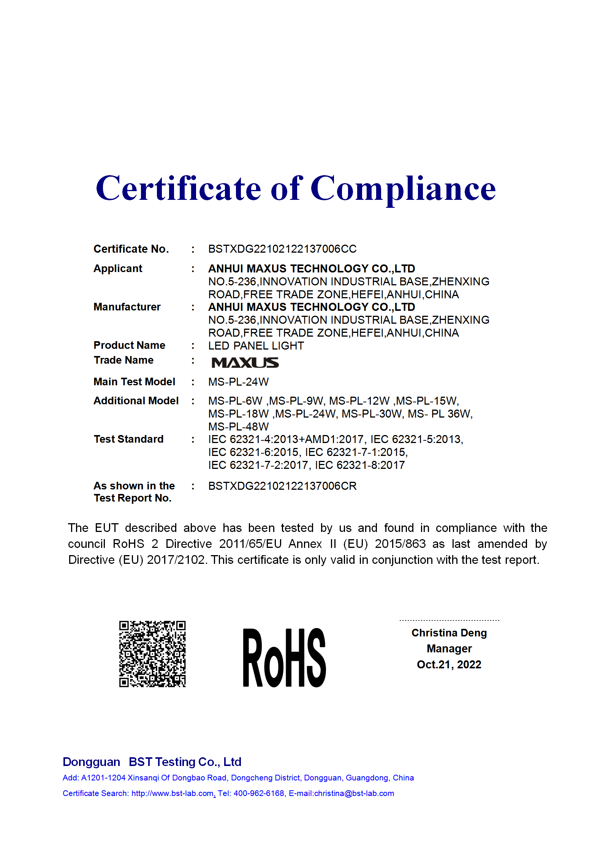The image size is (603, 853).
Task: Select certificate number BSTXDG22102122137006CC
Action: (x=282, y=249)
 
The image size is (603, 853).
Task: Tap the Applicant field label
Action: (x=118, y=269)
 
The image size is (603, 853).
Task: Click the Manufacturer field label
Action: (x=127, y=307)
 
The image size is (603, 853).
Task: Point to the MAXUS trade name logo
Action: (x=245, y=363)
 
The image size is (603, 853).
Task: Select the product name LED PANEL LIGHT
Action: (x=256, y=346)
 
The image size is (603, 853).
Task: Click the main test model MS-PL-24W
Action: (x=238, y=382)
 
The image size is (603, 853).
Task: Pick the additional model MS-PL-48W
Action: (x=238, y=427)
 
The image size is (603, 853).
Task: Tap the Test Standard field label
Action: (x=128, y=439)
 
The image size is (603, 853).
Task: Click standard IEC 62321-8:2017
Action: (x=360, y=465)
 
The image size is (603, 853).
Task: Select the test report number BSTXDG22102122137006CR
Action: (x=282, y=486)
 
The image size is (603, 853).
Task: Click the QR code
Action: (x=152, y=654)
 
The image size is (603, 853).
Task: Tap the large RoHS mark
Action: (x=284, y=658)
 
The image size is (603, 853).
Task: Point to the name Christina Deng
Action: (x=449, y=633)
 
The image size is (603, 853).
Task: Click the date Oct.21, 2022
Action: (x=449, y=665)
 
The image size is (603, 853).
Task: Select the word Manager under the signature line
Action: (x=449, y=649)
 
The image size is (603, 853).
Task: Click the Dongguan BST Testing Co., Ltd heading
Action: (x=152, y=762)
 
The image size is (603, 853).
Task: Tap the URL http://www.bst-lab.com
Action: (x=172, y=793)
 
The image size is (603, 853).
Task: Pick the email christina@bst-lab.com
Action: (x=354, y=793)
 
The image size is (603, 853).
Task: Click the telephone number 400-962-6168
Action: (x=259, y=793)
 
